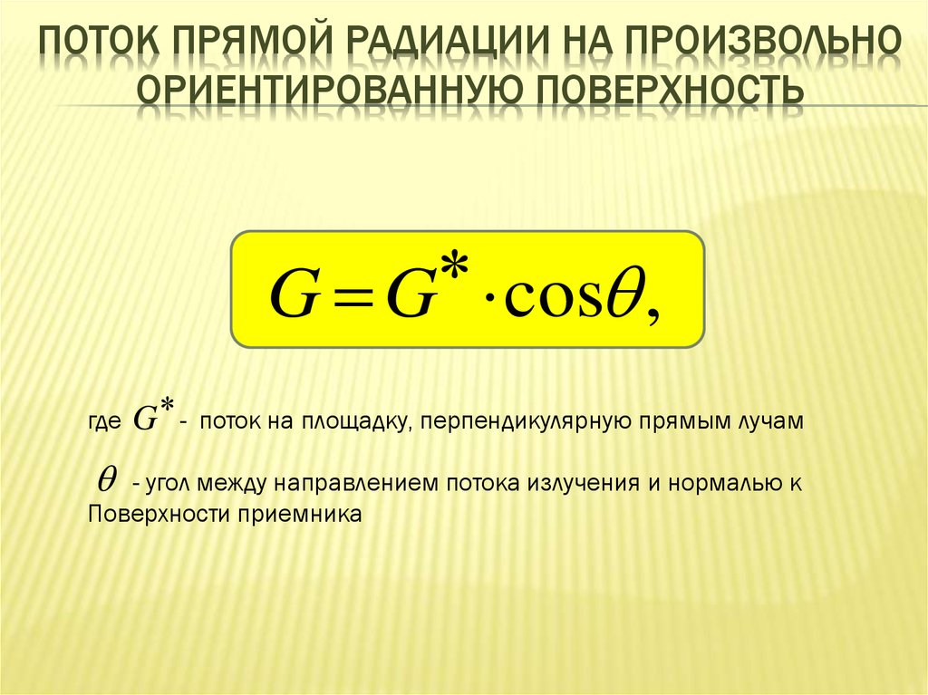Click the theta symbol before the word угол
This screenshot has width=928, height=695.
105,482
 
